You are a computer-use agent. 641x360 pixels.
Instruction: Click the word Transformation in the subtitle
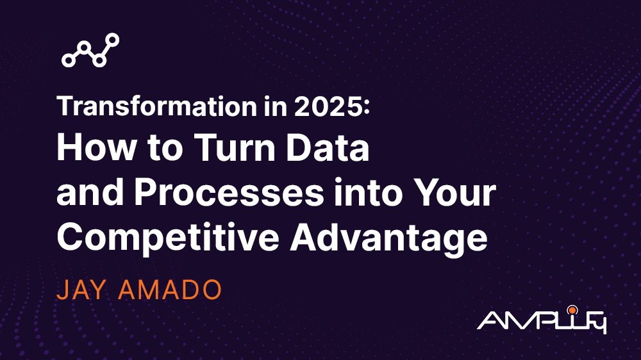click(157, 106)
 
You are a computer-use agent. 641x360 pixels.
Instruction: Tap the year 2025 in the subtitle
click(328, 106)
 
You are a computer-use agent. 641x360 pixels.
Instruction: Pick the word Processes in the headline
click(229, 192)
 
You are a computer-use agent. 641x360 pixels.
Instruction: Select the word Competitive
click(168, 237)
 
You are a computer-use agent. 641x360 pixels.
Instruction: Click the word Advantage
click(388, 238)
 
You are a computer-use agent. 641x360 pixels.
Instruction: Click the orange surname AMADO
click(170, 290)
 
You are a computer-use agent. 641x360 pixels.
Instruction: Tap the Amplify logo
click(542, 320)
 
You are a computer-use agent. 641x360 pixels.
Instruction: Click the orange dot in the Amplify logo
click(572, 311)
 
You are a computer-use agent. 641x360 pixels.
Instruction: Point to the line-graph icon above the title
click(90, 50)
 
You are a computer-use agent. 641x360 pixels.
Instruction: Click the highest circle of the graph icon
click(112, 40)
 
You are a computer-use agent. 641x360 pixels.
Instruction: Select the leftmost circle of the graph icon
click(69, 60)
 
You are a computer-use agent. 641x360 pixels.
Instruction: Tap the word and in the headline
click(90, 192)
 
